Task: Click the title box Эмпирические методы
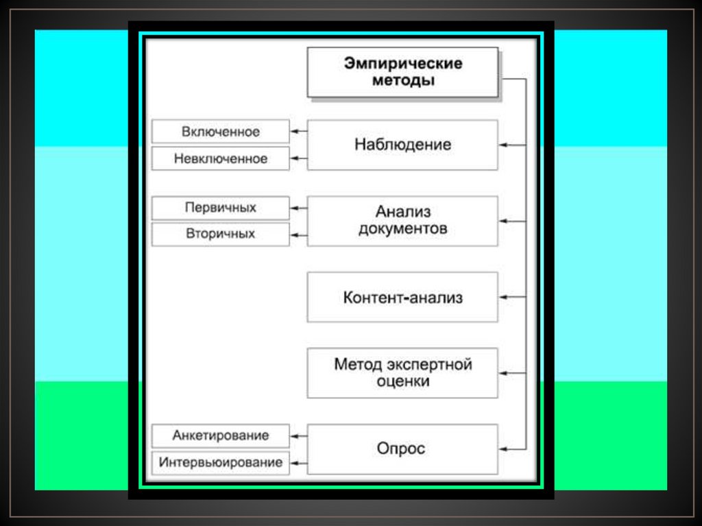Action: (402, 72)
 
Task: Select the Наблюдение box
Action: (402, 145)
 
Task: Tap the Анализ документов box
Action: (402, 221)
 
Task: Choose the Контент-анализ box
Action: (402, 297)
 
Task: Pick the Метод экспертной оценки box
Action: (402, 372)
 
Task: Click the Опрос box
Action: (402, 449)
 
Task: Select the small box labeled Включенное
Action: (220, 131)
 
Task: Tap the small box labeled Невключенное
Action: (220, 158)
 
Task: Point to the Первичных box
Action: (220, 207)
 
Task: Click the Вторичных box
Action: (220, 234)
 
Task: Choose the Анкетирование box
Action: (220, 435)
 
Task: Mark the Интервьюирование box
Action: (220, 462)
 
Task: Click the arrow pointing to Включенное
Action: (298, 131)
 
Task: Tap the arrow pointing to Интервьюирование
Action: (298, 462)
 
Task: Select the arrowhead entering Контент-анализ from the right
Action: (504, 297)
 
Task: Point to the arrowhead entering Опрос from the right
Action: (504, 449)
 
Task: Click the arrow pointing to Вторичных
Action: (298, 235)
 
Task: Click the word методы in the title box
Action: (402, 80)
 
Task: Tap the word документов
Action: (402, 229)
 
